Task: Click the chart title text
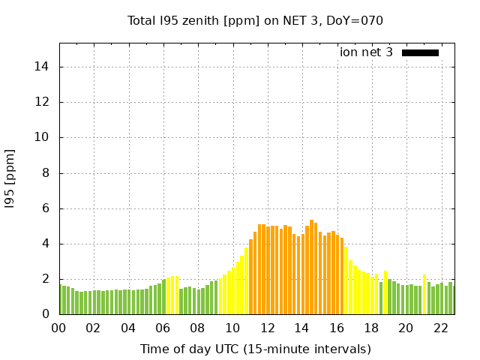[x=255, y=20]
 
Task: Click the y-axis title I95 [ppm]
[x=10, y=178]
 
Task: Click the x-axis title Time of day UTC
[x=255, y=349]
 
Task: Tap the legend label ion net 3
[x=366, y=52]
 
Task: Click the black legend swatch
[x=420, y=52]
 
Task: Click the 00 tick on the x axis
[x=59, y=328]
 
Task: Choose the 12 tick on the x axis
[x=267, y=328]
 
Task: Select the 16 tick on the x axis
[x=337, y=328]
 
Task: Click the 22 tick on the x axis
[x=440, y=328]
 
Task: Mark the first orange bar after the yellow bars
[x=250, y=277]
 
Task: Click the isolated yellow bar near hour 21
[x=424, y=295]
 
